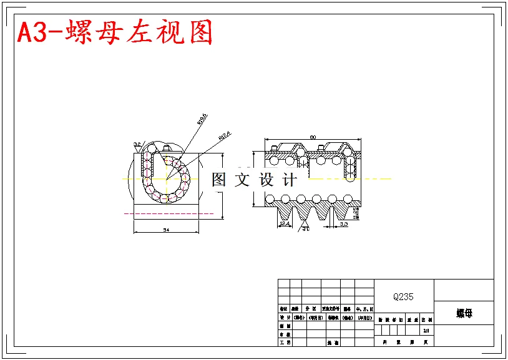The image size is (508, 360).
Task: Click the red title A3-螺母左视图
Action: [115, 32]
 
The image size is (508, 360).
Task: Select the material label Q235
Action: [403, 297]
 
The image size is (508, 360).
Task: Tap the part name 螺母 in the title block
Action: [464, 313]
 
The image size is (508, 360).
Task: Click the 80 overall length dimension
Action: [313, 137]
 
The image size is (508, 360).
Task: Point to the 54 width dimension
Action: [166, 230]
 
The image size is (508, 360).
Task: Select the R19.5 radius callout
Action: [202, 119]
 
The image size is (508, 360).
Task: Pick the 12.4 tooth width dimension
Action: [284, 223]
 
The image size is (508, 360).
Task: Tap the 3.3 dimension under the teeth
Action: [343, 223]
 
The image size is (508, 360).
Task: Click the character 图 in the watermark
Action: [218, 180]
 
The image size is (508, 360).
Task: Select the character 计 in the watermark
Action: [290, 180]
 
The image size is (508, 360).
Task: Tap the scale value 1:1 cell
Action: [426, 331]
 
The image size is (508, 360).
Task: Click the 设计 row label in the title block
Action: [284, 317]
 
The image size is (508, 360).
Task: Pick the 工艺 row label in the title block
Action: [284, 342]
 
